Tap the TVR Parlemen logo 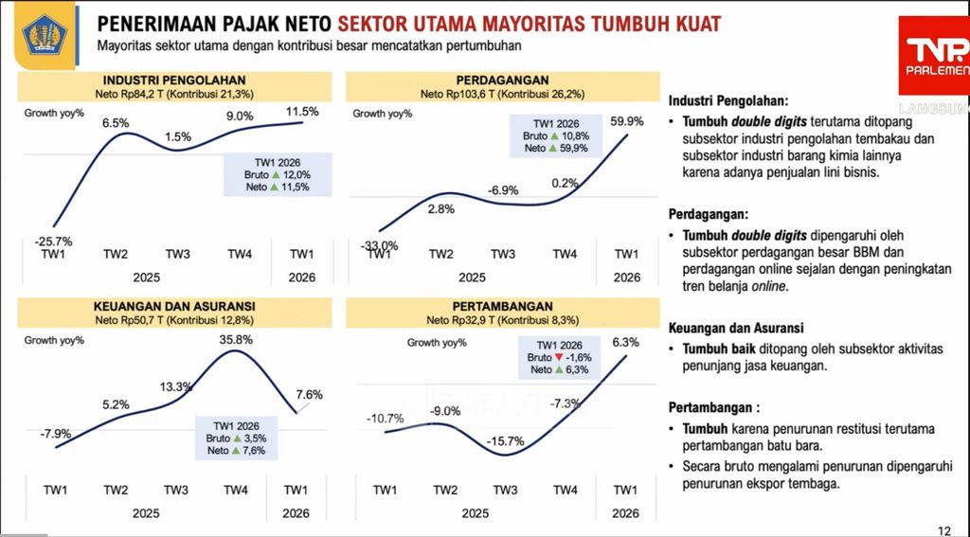pos(933,58)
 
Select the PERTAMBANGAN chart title pos(503,308)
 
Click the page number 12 pos(943,529)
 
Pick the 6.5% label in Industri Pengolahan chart pos(116,123)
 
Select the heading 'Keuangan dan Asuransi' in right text pos(736,328)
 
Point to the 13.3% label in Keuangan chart pos(176,386)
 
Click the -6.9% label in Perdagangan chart pos(503,190)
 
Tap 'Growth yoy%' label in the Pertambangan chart pos(438,342)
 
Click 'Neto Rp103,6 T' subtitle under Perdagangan pos(458,95)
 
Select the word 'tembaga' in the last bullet pos(815,484)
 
